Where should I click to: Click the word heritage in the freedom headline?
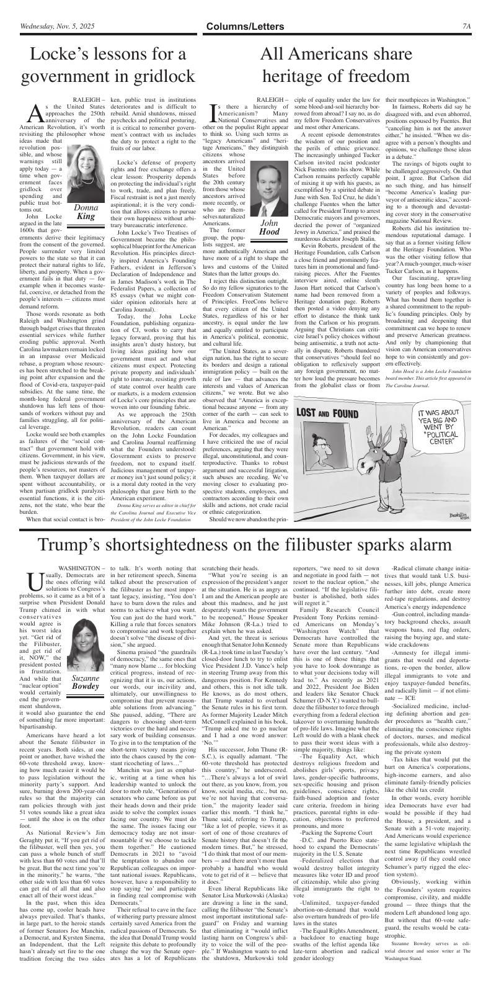(297, 76)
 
